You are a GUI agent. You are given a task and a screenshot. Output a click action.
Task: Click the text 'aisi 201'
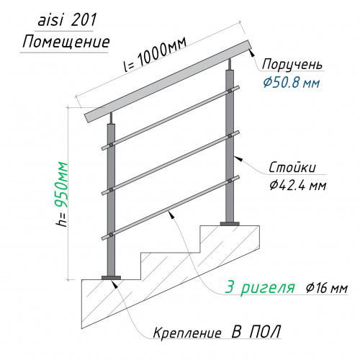(x=67, y=19)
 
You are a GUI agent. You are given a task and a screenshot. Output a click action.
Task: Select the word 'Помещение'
(x=66, y=42)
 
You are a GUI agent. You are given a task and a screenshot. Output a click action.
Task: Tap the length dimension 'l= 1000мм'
(x=155, y=55)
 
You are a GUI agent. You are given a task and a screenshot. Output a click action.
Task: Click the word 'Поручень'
(x=292, y=65)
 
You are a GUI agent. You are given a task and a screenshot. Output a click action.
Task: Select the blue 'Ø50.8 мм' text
(x=292, y=83)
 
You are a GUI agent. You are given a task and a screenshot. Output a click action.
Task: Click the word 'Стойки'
(x=292, y=168)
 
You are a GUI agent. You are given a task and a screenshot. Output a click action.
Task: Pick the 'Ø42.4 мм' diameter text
(x=297, y=185)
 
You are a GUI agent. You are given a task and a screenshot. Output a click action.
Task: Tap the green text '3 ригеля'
(x=260, y=287)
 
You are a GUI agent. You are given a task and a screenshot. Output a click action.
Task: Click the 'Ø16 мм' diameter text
(x=327, y=288)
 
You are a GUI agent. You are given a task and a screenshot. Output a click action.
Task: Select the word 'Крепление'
(x=187, y=333)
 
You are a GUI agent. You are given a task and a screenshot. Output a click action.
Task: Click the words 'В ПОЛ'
(x=256, y=332)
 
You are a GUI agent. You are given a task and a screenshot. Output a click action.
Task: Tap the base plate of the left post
(x=111, y=278)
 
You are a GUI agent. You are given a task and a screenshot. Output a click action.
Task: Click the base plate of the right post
(x=230, y=224)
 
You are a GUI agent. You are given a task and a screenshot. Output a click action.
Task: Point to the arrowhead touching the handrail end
(x=252, y=53)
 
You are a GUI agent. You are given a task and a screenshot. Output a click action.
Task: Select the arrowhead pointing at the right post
(x=238, y=158)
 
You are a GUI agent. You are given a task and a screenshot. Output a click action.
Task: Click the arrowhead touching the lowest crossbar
(x=171, y=215)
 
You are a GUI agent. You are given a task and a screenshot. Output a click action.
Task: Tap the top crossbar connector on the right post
(x=230, y=91)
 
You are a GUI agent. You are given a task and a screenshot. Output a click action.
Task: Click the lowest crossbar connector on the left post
(x=111, y=235)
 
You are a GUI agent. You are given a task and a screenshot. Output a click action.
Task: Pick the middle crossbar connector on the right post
(x=230, y=136)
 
